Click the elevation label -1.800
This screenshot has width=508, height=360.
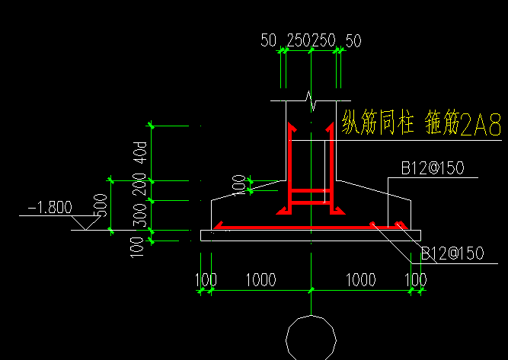click(x=50, y=207)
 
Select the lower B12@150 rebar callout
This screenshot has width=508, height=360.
click(x=452, y=253)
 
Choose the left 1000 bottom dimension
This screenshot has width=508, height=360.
click(x=260, y=280)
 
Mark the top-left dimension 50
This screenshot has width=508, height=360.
click(x=268, y=40)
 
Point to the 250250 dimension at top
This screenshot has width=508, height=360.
click(x=311, y=40)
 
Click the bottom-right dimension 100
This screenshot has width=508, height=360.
click(x=416, y=280)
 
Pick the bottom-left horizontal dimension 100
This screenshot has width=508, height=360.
click(x=206, y=280)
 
